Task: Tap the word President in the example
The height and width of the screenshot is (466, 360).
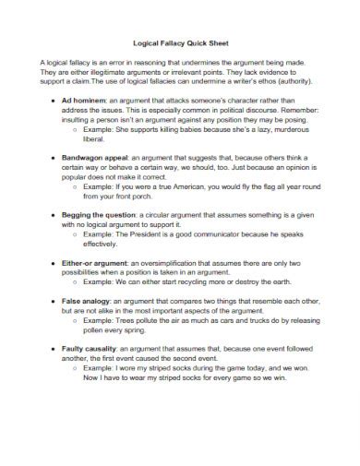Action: coord(150,234)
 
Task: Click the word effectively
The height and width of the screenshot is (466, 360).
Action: coord(102,244)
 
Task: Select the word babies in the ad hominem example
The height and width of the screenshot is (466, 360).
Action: coord(205,129)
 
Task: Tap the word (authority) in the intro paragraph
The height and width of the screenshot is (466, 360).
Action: coord(282,81)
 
